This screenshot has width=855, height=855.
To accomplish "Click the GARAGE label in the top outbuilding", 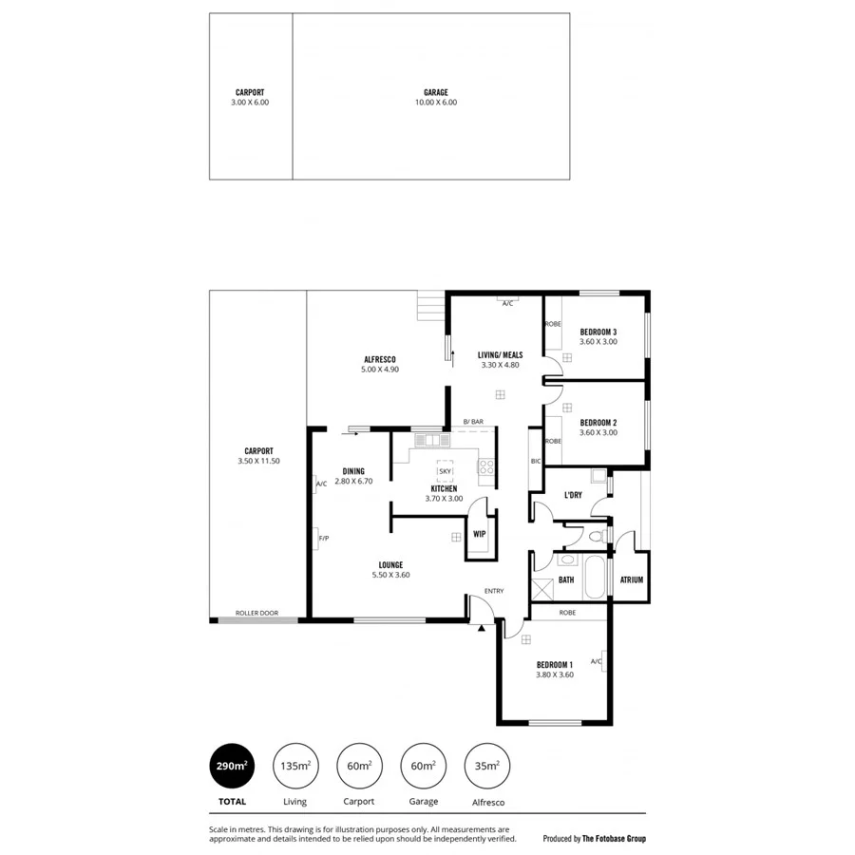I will tap(436, 92).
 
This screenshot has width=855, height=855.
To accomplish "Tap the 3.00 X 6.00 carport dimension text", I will tap(250, 102).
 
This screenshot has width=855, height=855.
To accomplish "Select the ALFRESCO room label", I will tap(379, 358).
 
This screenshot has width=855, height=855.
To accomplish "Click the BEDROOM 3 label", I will tap(598, 332).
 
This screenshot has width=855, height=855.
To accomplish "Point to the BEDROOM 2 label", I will tap(598, 423).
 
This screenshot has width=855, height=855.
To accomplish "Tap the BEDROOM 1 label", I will tap(555, 664).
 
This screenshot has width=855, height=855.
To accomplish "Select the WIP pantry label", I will tap(479, 534).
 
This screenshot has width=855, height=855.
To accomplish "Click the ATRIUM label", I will tap(632, 579).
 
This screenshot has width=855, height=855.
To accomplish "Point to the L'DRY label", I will tap(573, 495).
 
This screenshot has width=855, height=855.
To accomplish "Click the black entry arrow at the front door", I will tap(483, 627).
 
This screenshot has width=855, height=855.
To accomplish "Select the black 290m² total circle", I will tap(233, 765).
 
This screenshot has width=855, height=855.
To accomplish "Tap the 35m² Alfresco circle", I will tap(487, 765).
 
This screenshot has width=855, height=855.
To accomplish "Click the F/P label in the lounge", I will tap(324, 539).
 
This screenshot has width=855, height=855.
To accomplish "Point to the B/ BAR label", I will tap(473, 421).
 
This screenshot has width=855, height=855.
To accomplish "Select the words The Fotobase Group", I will tap(615, 839).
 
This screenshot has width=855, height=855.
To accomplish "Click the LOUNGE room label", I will tap(389, 564).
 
